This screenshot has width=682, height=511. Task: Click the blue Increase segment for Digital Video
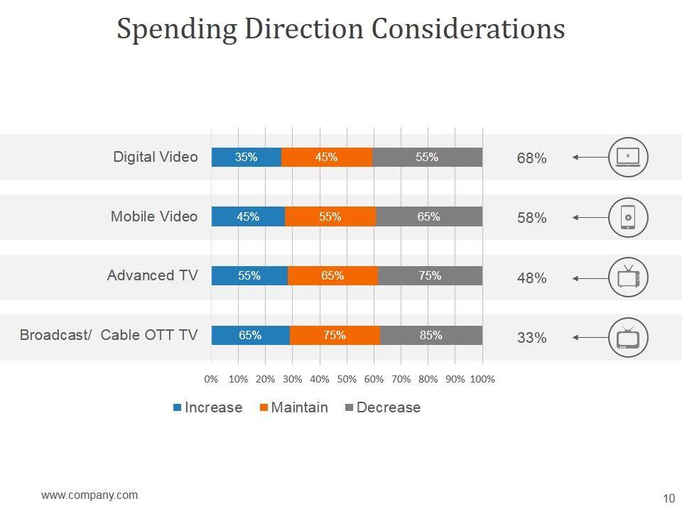point(247,158)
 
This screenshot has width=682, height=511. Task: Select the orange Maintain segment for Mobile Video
point(330,217)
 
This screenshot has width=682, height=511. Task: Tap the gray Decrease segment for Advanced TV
point(430,276)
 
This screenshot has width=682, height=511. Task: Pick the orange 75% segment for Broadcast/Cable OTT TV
point(335,336)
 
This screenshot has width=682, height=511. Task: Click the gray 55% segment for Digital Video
point(427,158)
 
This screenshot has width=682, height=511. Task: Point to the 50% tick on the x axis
point(347,379)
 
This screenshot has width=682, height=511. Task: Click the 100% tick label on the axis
point(482,379)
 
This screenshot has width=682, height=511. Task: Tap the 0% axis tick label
point(211,379)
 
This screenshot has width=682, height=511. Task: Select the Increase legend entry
point(207,407)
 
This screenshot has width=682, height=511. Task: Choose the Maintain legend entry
point(293,407)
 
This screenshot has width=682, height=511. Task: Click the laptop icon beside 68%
point(628,158)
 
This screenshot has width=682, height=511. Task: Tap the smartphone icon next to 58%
point(628,217)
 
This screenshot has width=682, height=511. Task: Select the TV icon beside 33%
point(628,337)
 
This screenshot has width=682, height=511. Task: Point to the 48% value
point(531,278)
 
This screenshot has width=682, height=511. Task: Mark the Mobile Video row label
point(154,216)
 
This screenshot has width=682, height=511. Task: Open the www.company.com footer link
point(90,495)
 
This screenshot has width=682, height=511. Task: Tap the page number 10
point(668,497)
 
